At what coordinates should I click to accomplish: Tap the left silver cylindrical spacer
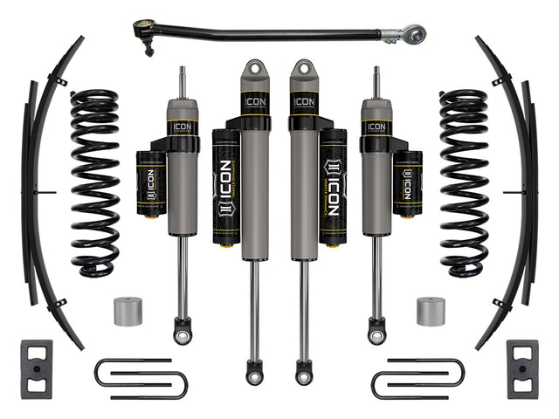point(128,311)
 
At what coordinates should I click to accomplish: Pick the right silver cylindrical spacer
point(430,311)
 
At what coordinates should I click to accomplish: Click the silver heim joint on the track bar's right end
point(413,36)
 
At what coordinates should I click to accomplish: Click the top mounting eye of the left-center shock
point(255,69)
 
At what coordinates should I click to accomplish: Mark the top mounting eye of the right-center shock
point(304,69)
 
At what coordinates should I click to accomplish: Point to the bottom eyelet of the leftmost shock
point(183,333)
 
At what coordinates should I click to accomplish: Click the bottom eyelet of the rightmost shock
point(376,333)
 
